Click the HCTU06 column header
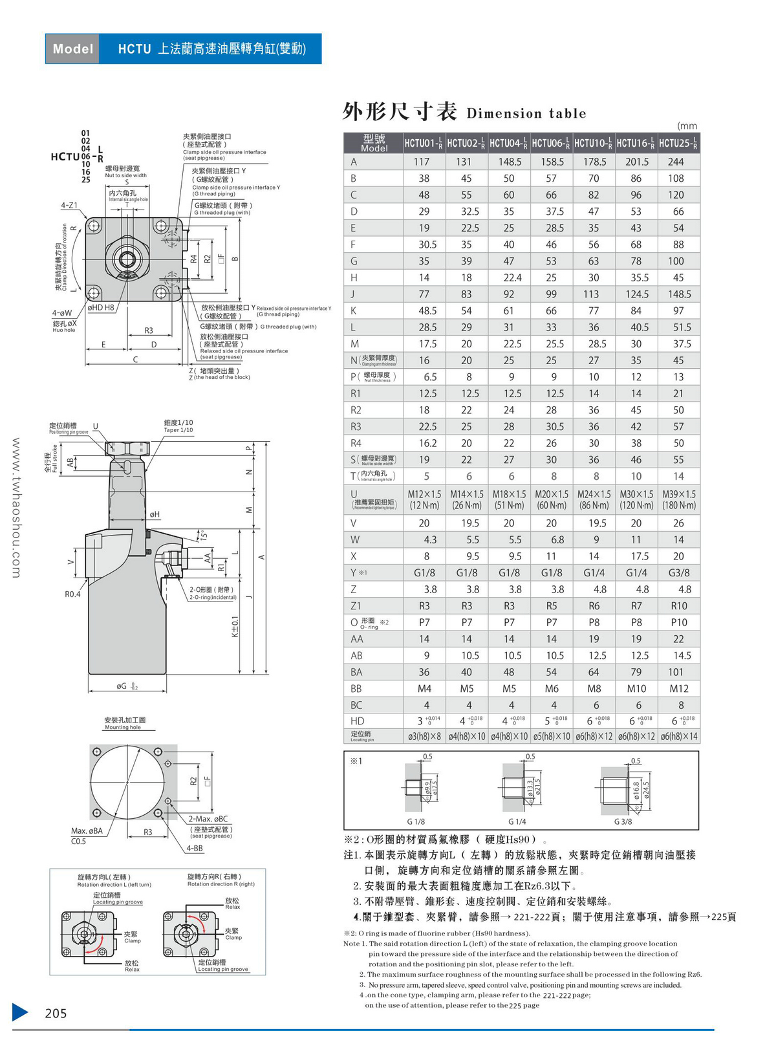tap(551, 143)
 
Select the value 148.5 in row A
tap(510, 162)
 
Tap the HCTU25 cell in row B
tap(676, 179)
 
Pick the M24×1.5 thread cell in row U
tap(594, 499)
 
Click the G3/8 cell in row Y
tap(679, 573)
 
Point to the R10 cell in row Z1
tap(679, 606)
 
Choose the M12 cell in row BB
tap(679, 689)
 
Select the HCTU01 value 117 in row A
tap(422, 162)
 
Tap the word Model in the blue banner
tap(72, 49)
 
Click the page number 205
tap(56, 1014)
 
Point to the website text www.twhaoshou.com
tap(17, 508)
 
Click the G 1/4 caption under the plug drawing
tap(517, 821)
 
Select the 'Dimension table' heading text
tap(526, 114)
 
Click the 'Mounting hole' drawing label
tap(123, 728)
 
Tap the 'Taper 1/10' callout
tap(178, 430)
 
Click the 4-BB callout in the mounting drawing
tap(195, 848)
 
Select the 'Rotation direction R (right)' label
tap(221, 884)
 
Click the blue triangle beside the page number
tap(20, 1012)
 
